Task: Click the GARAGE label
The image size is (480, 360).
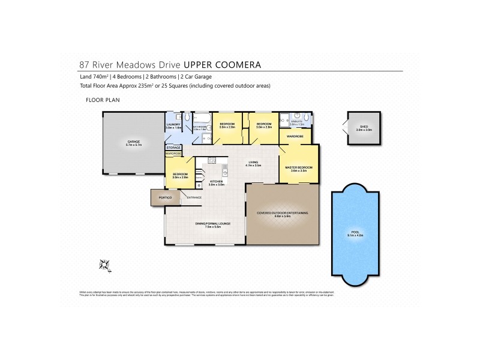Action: [x=125, y=142]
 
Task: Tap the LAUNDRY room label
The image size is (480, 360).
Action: [x=173, y=124]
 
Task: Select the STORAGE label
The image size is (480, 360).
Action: [x=174, y=147]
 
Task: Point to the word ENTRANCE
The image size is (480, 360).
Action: [x=194, y=197]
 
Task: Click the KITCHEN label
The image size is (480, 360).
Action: [x=216, y=180]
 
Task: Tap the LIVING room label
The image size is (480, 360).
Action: [x=254, y=163]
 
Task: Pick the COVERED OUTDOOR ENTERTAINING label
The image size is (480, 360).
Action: [x=282, y=213]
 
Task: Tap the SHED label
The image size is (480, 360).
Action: [x=364, y=127]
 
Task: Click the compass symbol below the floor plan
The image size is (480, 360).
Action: [x=104, y=264]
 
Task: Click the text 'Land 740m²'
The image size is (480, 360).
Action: [x=92, y=77]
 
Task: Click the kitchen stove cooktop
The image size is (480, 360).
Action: [x=211, y=160]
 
